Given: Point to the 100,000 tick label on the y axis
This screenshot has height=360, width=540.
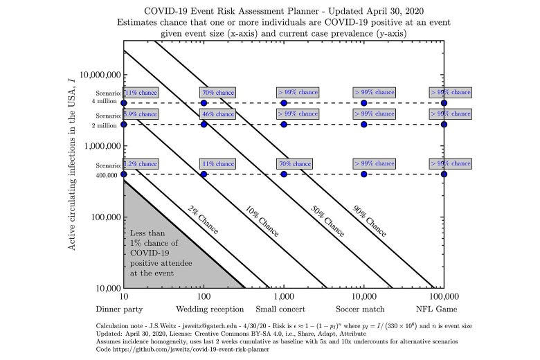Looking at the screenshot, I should coord(105,217).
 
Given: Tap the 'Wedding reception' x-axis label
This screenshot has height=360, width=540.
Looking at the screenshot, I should coord(204,309).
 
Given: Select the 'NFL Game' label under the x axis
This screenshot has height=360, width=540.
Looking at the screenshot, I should coord(443,309).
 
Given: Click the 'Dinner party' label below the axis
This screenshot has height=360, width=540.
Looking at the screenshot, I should coord(123,309).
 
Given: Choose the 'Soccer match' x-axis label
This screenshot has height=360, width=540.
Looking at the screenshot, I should coord(363,309).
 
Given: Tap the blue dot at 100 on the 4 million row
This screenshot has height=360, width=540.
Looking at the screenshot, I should coord(204,102).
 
